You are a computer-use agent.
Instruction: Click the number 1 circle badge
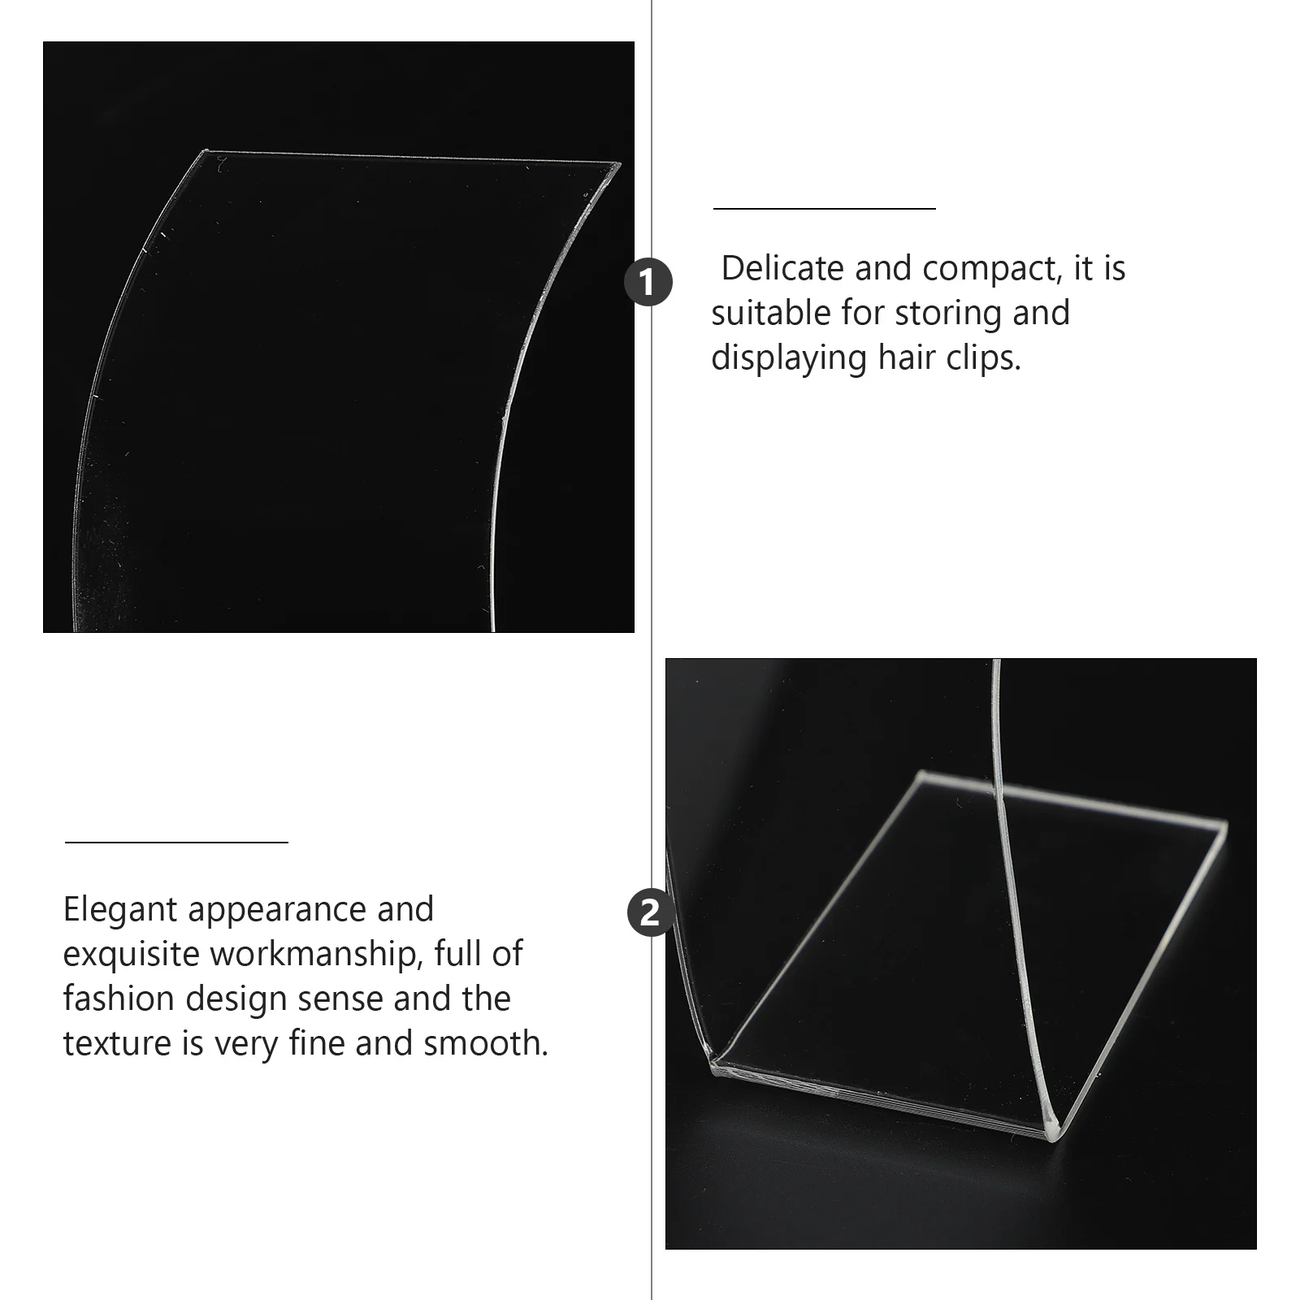[648, 283]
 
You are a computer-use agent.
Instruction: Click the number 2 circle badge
[651, 913]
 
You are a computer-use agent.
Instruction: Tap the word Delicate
[782, 269]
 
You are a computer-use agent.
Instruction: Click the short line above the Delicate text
[824, 209]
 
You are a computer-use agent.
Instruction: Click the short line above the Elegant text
[176, 843]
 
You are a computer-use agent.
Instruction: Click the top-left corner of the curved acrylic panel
[205, 151]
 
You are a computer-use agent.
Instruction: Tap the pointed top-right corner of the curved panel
[618, 166]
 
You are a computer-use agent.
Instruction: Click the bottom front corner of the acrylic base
[1051, 1137]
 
